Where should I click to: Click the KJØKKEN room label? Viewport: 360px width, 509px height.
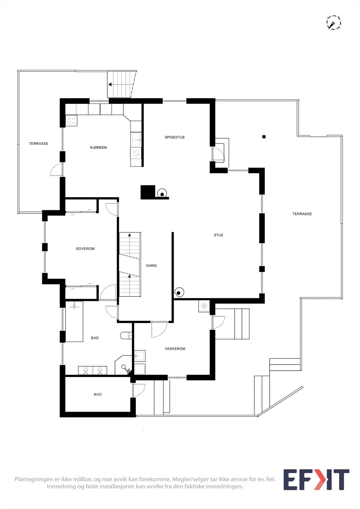98,148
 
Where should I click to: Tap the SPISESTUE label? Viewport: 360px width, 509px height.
175,137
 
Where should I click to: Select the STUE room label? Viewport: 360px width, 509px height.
218,235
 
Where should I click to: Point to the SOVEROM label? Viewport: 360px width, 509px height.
85,249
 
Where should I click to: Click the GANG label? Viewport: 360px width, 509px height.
152,266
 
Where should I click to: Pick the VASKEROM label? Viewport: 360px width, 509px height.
175,349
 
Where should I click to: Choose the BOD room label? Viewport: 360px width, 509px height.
98,394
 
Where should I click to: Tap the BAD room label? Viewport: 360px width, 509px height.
95,338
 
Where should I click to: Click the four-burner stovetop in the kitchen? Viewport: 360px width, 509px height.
72,121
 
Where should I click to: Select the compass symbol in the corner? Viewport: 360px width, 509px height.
334,23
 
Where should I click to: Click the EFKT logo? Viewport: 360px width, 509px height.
316,480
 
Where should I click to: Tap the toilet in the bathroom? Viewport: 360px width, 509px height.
126,335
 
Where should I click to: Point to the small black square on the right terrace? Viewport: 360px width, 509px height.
264,137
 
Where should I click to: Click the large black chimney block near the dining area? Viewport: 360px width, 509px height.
148,192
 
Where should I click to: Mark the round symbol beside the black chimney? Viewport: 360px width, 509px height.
162,194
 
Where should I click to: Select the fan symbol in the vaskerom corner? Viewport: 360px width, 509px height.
204,306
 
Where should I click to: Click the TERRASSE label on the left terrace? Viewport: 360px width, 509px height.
39,144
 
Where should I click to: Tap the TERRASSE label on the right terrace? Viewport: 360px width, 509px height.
302,214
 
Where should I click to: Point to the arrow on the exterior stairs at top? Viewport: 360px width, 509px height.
110,85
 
